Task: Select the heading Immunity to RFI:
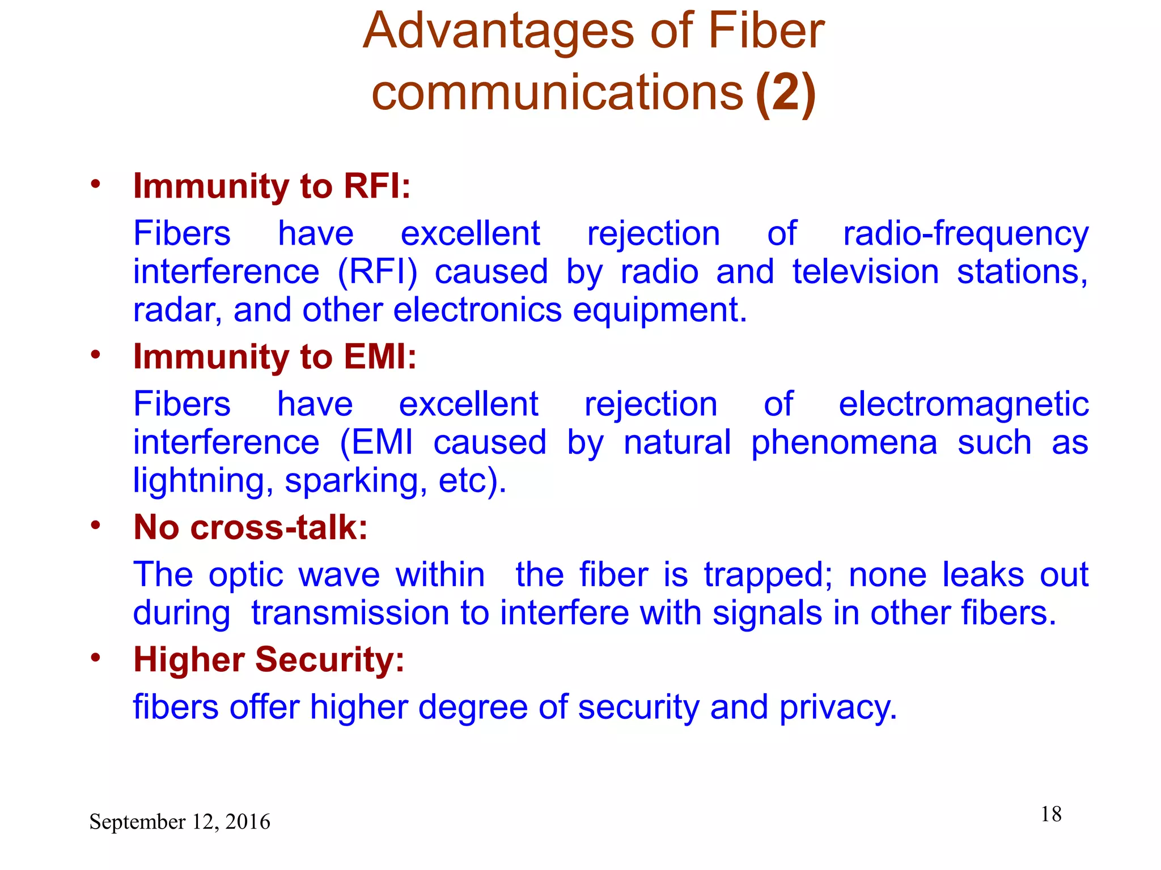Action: pyautogui.click(x=272, y=186)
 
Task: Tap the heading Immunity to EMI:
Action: pyautogui.click(x=274, y=357)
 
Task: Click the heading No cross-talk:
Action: pyautogui.click(x=251, y=527)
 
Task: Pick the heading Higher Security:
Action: pyautogui.click(x=269, y=660)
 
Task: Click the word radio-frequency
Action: pyautogui.click(x=965, y=234)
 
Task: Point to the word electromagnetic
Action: pyautogui.click(x=963, y=404)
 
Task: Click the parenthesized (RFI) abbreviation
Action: pyautogui.click(x=377, y=272)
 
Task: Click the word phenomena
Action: pyautogui.click(x=844, y=442)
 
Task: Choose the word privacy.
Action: pyautogui.click(x=838, y=707)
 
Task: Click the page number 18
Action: pyautogui.click(x=1050, y=814)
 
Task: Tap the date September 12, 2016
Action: pyautogui.click(x=180, y=822)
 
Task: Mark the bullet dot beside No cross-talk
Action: pyautogui.click(x=95, y=525)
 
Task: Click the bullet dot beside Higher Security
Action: pyautogui.click(x=95, y=658)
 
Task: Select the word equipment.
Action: pyautogui.click(x=659, y=310)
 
